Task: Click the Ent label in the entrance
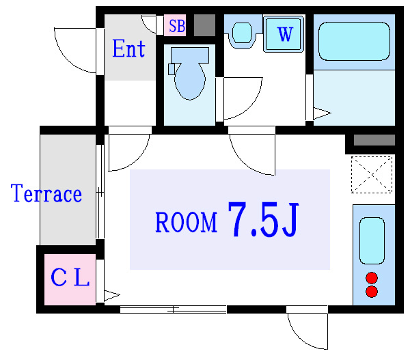click(128, 49)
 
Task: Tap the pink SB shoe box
click(176, 27)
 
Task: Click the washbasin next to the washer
click(241, 33)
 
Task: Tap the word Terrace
click(46, 194)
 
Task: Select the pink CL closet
click(70, 279)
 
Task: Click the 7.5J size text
click(263, 220)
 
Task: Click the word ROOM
click(186, 222)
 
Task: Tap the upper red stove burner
click(372, 278)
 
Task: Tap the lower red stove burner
click(372, 292)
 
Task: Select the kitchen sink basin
click(373, 240)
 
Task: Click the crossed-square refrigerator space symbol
click(373, 174)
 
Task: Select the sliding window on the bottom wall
click(174, 309)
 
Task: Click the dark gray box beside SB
click(204, 25)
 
